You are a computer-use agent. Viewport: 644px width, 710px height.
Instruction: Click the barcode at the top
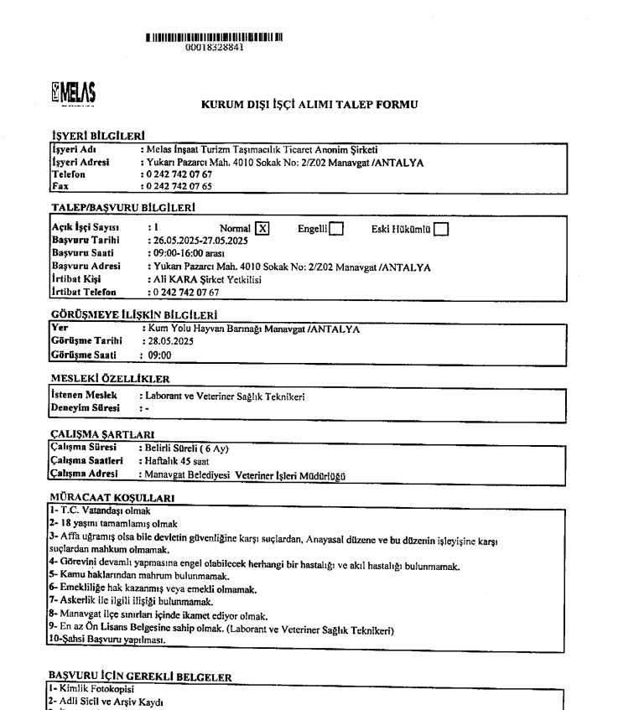pyautogui.click(x=214, y=37)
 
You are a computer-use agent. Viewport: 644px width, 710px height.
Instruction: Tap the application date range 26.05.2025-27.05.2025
pyautogui.click(x=195, y=240)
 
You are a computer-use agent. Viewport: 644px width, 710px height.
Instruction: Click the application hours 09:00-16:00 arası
pyautogui.click(x=186, y=253)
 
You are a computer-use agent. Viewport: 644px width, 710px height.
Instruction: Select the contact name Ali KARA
pyautogui.click(x=174, y=279)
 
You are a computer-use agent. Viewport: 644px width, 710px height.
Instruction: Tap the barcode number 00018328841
pyautogui.click(x=215, y=48)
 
